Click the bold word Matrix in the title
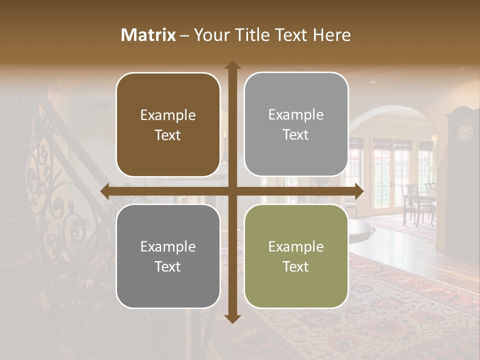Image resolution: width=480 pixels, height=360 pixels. tap(148, 35)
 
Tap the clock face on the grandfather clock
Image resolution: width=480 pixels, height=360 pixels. tap(465, 132)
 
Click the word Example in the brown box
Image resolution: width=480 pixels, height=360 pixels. tap(168, 115)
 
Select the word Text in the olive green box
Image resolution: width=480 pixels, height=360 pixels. tap(296, 266)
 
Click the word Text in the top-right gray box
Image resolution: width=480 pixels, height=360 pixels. tap(296, 134)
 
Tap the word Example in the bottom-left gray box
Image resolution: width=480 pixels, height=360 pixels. tap(168, 246)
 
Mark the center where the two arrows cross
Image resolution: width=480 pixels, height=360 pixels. tap(232, 191)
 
